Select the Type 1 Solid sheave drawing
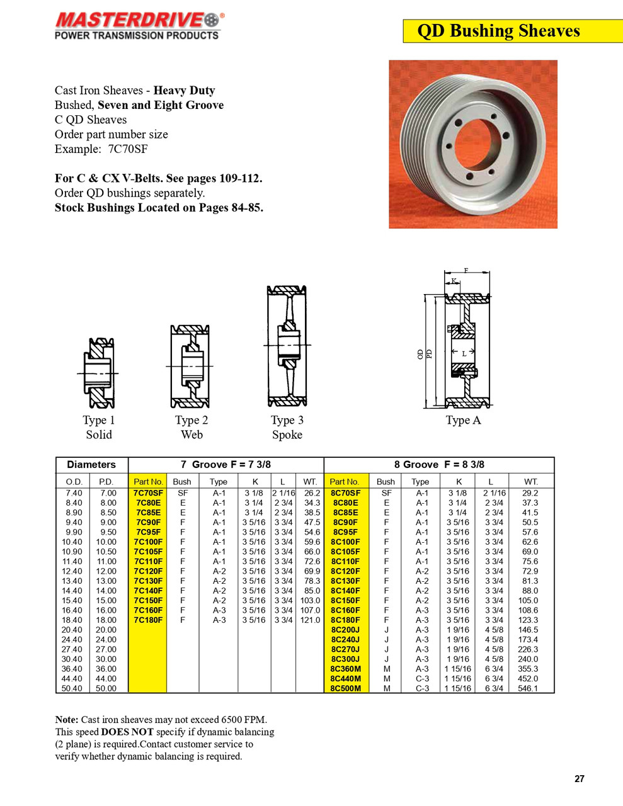[100, 373]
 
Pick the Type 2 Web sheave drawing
[190, 366]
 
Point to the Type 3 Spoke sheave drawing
[287, 346]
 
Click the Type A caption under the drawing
[463, 420]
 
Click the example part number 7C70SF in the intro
[128, 149]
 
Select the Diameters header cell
[91, 465]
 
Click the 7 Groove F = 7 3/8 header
[226, 465]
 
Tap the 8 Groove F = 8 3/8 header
[439, 465]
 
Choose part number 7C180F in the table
[148, 620]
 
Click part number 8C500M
[345, 688]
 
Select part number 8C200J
[345, 630]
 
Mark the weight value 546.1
[528, 688]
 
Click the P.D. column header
[106, 482]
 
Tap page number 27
[579, 779]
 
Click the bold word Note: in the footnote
[67, 720]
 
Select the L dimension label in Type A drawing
[464, 353]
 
